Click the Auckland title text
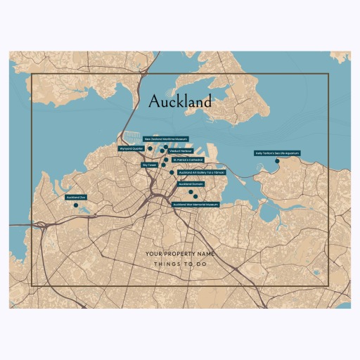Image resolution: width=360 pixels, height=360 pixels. pos(180,102)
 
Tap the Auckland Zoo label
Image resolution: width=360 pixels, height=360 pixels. pos(75,198)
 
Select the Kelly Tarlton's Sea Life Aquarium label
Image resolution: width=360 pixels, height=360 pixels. pos(277,153)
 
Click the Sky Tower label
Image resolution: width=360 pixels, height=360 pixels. pos(150,165)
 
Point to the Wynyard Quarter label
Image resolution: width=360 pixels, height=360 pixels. pos(131,148)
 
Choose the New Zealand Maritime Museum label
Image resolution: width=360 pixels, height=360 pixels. pos(166,139)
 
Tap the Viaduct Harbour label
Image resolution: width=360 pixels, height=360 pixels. pos(181,151)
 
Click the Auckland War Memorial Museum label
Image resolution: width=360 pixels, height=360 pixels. pos(195,205)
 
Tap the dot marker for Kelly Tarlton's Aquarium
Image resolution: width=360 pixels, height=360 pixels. pos(277,161)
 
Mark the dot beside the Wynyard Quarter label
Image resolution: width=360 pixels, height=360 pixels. pos(150,148)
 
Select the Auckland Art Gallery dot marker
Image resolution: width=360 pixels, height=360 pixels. pos(172,172)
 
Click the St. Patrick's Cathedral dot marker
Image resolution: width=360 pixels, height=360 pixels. pos(166,160)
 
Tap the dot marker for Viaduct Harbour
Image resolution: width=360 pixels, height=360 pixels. pos(162,150)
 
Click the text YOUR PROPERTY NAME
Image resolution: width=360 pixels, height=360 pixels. pos(180,253)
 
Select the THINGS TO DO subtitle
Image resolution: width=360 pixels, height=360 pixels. pos(180,264)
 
